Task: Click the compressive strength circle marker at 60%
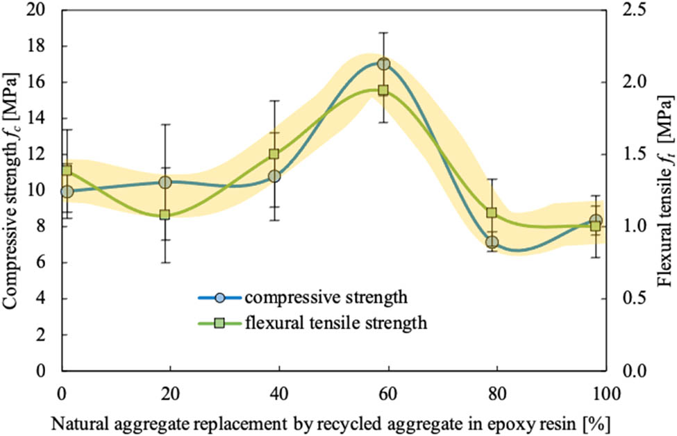click(383, 64)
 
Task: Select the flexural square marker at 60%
click(383, 90)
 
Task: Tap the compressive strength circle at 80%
click(492, 242)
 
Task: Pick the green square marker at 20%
click(165, 215)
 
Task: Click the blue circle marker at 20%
click(165, 182)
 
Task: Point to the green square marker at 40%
click(274, 154)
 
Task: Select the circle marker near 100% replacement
click(596, 221)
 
